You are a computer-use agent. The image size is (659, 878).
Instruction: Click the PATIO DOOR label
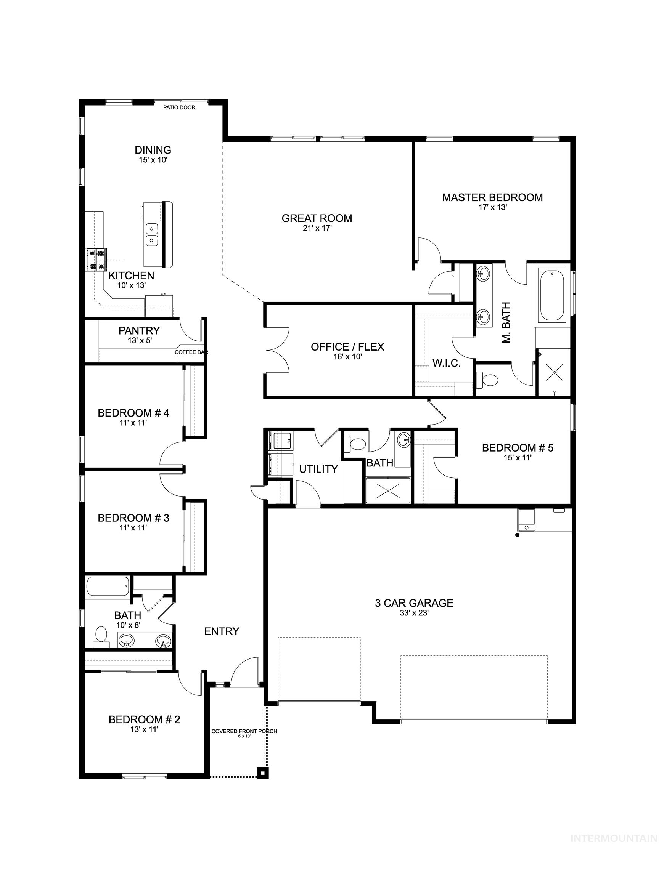[179, 107]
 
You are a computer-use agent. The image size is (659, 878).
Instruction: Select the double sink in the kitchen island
[152, 235]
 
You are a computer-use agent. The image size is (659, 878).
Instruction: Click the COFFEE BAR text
[191, 352]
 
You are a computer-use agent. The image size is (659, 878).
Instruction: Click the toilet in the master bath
[488, 380]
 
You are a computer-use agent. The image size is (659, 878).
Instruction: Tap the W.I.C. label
[446, 363]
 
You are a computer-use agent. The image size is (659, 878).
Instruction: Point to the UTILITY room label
[318, 469]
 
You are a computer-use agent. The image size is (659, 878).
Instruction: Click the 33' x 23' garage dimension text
[414, 613]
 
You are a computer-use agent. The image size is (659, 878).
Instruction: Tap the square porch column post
[262, 773]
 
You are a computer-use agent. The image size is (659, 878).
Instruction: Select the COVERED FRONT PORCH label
[244, 731]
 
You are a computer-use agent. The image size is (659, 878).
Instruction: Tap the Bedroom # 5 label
[517, 448]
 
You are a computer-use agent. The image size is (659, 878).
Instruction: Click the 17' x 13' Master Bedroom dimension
[492, 207]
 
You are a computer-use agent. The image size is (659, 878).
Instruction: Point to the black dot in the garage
[517, 535]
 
